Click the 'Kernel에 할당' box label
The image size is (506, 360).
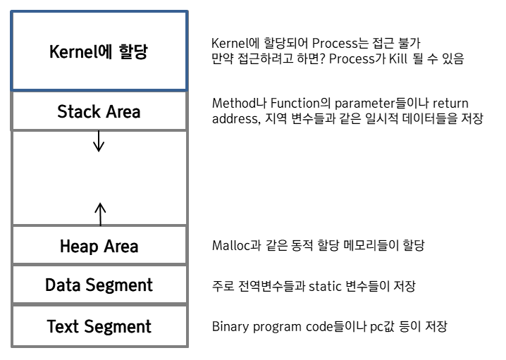pyautogui.click(x=99, y=52)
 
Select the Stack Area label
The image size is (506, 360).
pyautogui.click(x=99, y=111)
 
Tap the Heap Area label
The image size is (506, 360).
pyautogui.click(x=99, y=247)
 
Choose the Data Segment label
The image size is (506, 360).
pyautogui.click(x=99, y=285)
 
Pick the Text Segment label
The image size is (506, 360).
pyautogui.click(x=99, y=327)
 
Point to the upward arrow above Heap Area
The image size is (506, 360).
pyautogui.click(x=99, y=212)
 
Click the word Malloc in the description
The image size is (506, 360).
pyautogui.click(x=230, y=246)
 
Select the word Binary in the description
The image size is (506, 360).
pyautogui.click(x=230, y=327)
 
